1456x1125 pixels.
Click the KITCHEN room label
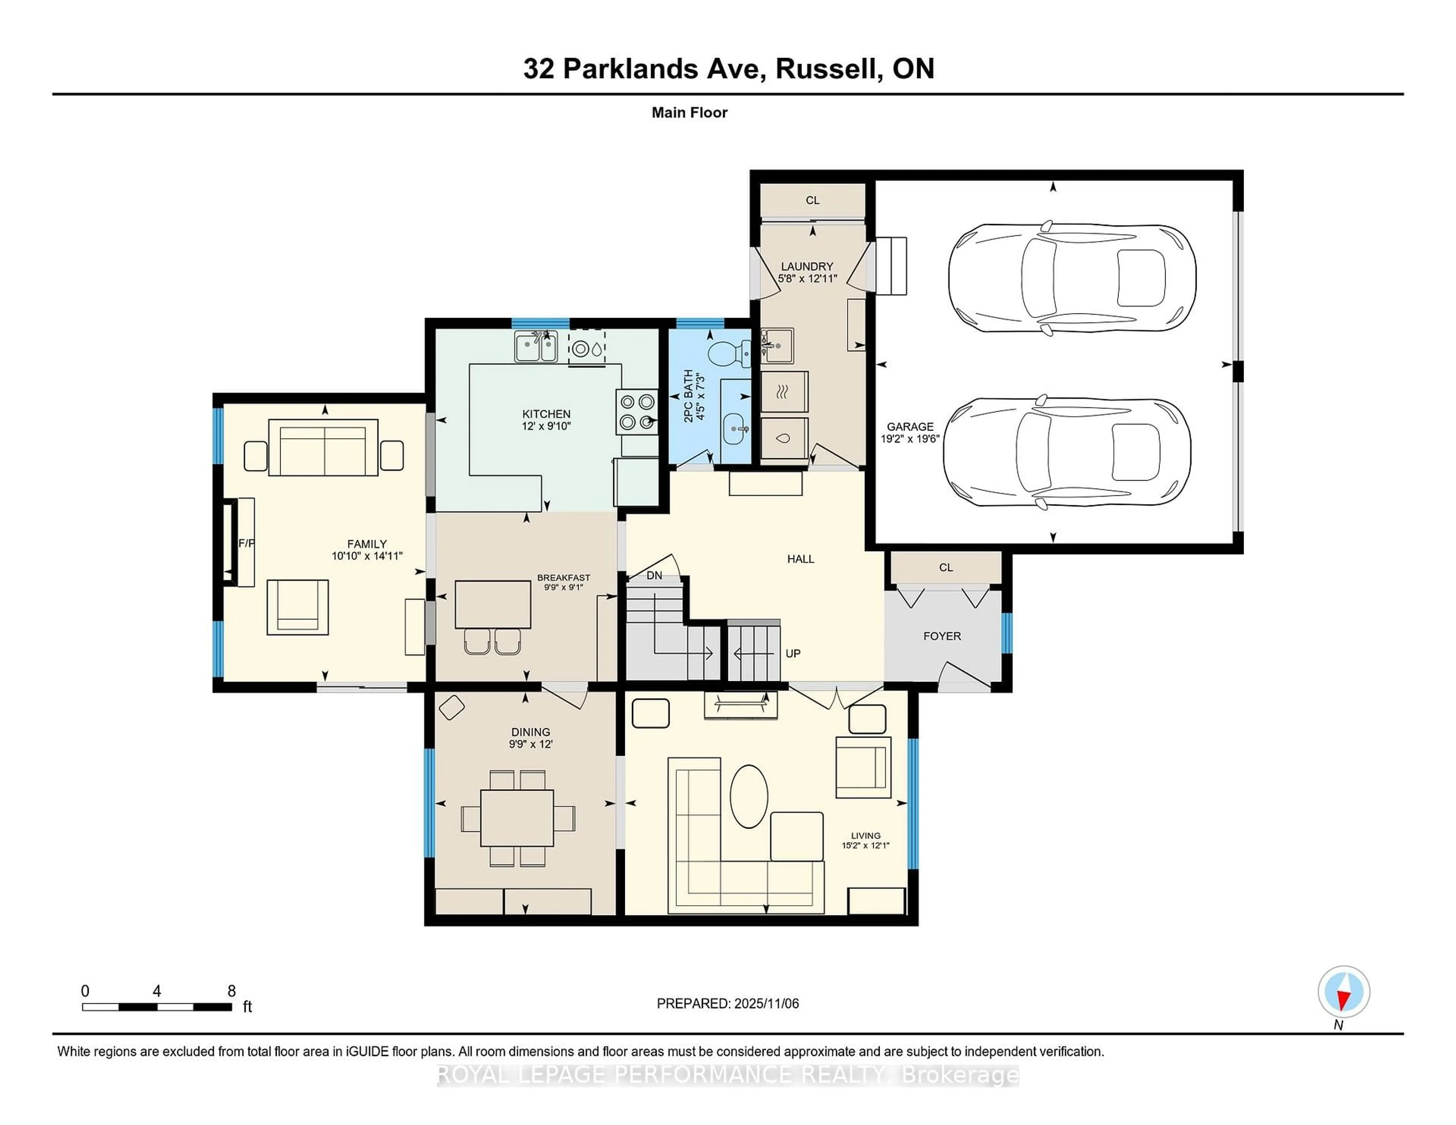pos(546,414)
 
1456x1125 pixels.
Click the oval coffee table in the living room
pos(749,796)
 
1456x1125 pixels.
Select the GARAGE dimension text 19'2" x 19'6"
pos(910,439)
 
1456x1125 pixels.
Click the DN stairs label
pos(654,575)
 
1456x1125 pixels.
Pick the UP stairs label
pos(793,653)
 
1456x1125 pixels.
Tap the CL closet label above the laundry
pos(812,200)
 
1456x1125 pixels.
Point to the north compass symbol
pos(1343,992)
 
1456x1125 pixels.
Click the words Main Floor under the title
pos(689,113)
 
